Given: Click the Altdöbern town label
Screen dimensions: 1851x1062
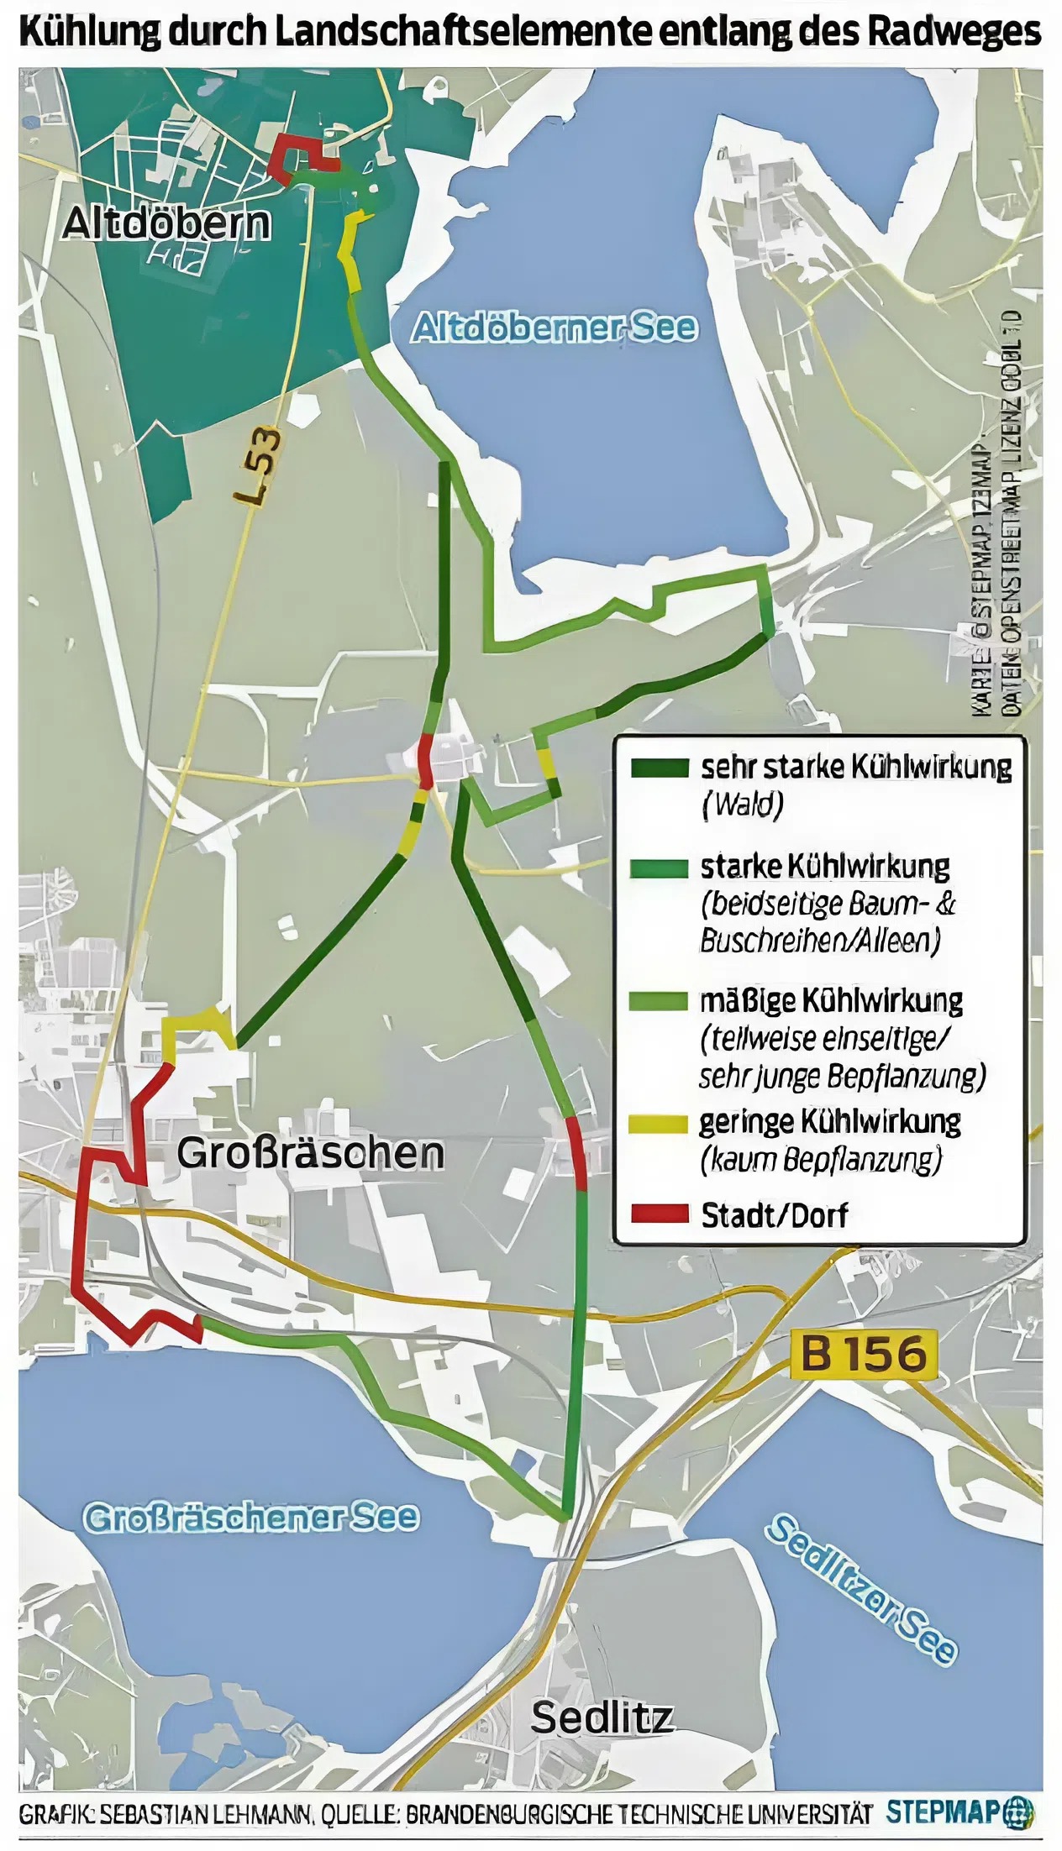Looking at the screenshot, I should click(x=166, y=223).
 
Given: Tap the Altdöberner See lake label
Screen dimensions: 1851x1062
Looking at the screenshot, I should click(x=554, y=327).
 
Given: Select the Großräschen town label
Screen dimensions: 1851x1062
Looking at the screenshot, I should click(x=310, y=1152).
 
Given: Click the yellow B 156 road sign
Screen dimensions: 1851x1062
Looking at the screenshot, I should click(x=863, y=1353).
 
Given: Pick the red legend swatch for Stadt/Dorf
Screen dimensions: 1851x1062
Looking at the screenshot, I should click(x=659, y=1214).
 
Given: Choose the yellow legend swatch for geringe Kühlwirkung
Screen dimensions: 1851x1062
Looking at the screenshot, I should click(x=659, y=1124).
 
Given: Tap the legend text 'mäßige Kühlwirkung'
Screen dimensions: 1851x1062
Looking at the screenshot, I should click(x=831, y=1000).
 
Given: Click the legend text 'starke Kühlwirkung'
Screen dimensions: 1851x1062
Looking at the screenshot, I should click(x=824, y=866).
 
